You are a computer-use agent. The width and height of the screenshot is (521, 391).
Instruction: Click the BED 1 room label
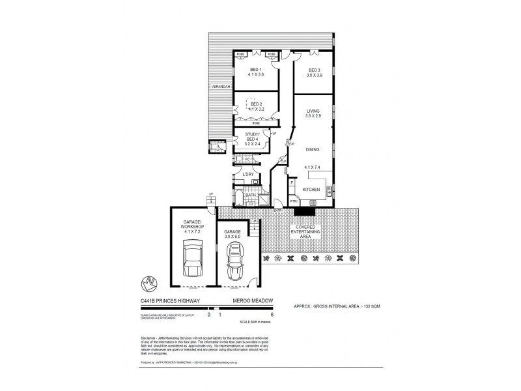(x=255, y=70)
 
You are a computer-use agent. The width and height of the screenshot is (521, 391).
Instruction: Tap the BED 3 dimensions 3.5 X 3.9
(x=315, y=76)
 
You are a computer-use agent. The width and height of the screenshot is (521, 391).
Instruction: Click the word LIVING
(x=314, y=110)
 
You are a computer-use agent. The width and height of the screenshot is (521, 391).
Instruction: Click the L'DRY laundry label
(x=247, y=175)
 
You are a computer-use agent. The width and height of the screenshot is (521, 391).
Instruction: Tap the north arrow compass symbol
(x=148, y=283)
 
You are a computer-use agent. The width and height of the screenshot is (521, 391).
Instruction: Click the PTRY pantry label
(x=294, y=201)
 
